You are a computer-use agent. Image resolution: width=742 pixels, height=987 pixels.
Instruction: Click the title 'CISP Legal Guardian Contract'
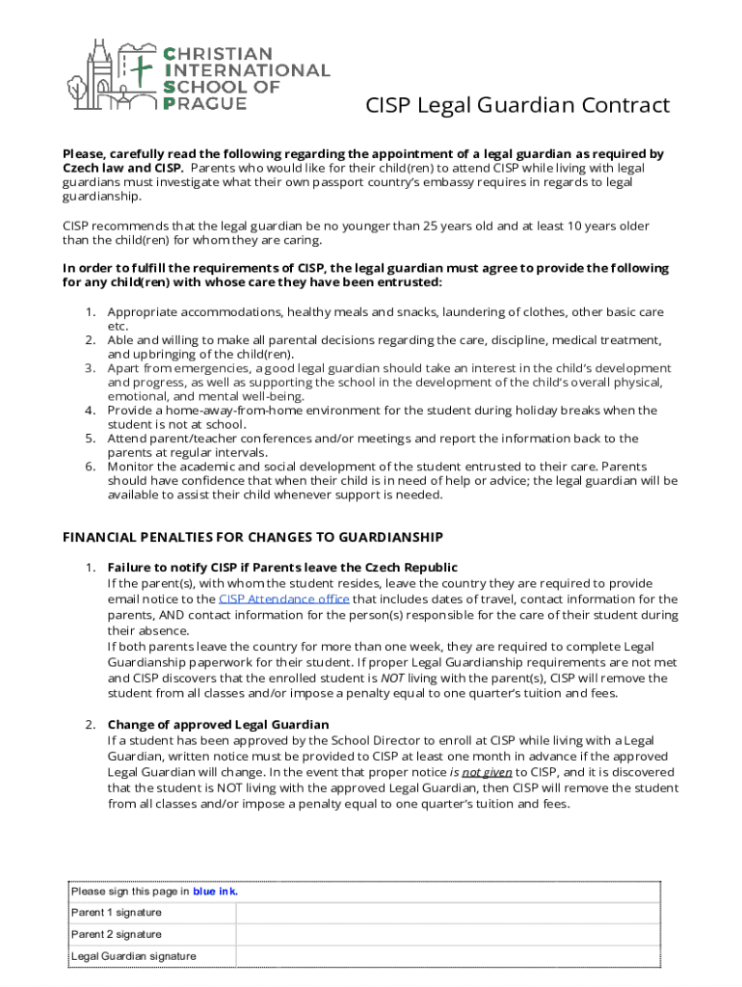517,105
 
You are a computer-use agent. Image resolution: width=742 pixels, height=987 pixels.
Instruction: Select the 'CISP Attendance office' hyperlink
283,599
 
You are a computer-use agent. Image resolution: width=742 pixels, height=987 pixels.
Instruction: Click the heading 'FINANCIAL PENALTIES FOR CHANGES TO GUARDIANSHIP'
252,537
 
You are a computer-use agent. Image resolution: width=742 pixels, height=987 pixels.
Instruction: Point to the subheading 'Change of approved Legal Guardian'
218,724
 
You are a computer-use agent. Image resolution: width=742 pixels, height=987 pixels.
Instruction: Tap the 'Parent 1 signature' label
117,912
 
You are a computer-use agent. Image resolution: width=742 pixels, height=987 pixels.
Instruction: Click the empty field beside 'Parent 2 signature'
448,934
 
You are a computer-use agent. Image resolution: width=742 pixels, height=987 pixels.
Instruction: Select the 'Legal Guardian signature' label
134,956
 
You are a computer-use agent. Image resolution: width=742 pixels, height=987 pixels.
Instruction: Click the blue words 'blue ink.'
215,892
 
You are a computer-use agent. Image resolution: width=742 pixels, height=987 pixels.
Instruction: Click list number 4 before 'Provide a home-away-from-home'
89,410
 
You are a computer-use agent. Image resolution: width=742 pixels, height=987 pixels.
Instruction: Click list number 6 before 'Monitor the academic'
89,466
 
